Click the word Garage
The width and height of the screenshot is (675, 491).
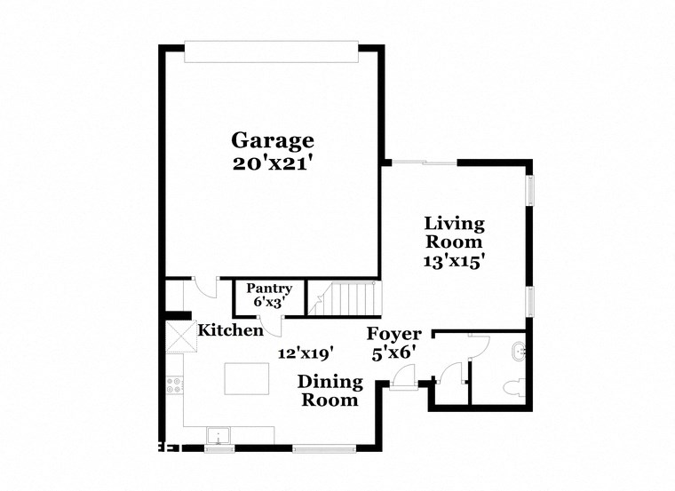pos(273,140)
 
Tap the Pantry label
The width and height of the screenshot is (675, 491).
pos(268,289)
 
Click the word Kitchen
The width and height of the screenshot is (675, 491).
pos(230,330)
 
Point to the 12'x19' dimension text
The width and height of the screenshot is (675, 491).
pos(305,353)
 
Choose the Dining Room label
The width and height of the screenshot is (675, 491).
pos(330,391)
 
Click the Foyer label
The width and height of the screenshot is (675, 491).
pos(394,334)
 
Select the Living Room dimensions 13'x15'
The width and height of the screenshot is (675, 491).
pos(453,262)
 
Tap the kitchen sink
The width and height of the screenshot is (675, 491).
pos(218,435)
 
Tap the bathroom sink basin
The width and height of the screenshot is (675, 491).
pos(518,351)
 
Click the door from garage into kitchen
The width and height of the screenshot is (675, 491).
pos(205,288)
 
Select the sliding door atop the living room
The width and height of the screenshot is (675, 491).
pos(425,162)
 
